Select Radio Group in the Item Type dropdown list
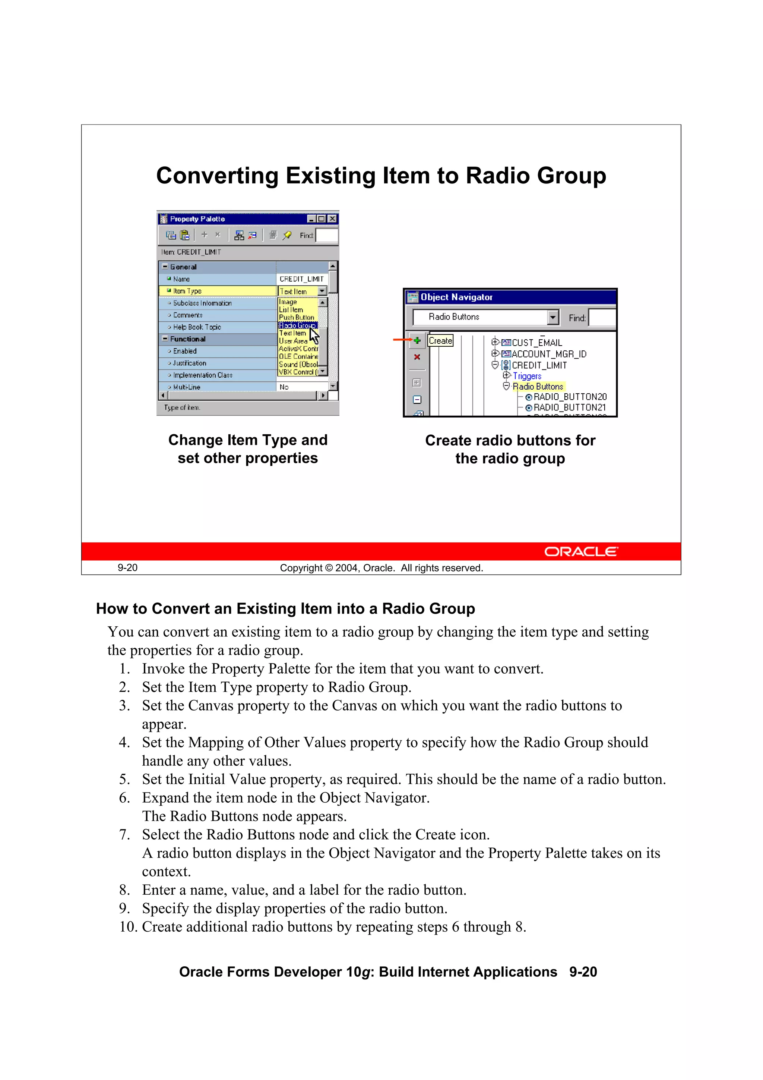click(x=297, y=325)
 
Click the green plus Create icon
click(x=417, y=340)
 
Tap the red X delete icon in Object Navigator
click(x=417, y=357)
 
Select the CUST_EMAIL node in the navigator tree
click(x=536, y=343)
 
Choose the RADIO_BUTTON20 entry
click(x=569, y=397)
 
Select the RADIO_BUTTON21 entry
click(x=569, y=407)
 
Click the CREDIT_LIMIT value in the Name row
click(x=301, y=279)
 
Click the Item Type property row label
click(x=187, y=291)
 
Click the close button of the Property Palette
click(x=332, y=219)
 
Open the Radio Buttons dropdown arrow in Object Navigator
click(x=553, y=317)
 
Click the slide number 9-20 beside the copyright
click(x=127, y=568)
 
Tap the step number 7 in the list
click(x=124, y=834)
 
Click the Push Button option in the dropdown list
click(x=296, y=317)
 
